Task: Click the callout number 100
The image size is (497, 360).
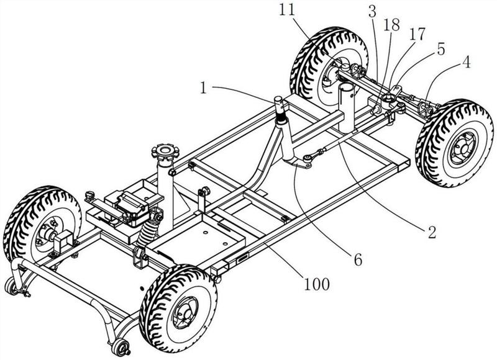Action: [x=317, y=284]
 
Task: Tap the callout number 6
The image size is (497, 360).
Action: [x=358, y=260]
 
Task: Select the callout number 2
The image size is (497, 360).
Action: [x=432, y=232]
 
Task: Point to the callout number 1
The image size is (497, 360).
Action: [x=204, y=88]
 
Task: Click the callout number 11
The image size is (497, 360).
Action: [x=287, y=10]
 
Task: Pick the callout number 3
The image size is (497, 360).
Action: [x=372, y=12]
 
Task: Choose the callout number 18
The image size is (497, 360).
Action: [x=391, y=25]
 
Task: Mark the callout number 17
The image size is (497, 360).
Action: [x=416, y=34]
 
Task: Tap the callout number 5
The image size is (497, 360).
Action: [x=441, y=48]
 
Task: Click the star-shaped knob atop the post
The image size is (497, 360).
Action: [x=165, y=152]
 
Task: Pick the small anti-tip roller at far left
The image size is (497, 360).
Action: [x=12, y=286]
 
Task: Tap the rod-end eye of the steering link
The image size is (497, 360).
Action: [x=308, y=157]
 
